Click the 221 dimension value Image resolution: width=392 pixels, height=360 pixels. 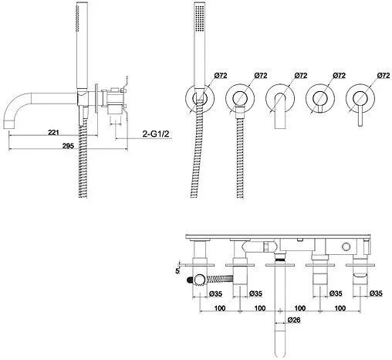(x=53, y=133)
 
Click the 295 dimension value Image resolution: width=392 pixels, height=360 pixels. (x=68, y=146)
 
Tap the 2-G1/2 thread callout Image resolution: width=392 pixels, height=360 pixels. (x=156, y=134)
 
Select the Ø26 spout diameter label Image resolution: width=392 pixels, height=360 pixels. (x=294, y=320)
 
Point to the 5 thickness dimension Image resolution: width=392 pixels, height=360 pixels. (x=177, y=271)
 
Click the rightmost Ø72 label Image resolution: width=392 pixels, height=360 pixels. (x=384, y=76)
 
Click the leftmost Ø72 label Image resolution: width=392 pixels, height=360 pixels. (x=221, y=76)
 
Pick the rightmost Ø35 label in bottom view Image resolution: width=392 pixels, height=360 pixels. (x=376, y=294)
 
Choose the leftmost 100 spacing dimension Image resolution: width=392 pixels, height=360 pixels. (x=220, y=308)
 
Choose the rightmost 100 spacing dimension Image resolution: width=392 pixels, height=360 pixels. (x=340, y=308)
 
